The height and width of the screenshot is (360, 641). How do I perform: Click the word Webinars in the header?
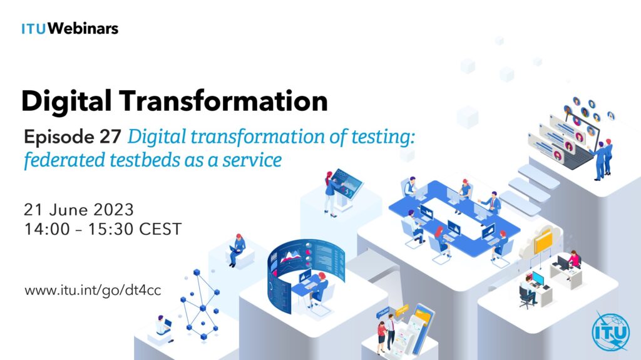83,29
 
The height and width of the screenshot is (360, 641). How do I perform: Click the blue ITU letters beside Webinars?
34,29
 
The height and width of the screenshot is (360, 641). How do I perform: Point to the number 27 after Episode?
110,136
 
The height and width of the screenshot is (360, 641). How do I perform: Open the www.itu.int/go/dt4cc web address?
93,290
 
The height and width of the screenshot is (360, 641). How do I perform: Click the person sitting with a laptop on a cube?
237,250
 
